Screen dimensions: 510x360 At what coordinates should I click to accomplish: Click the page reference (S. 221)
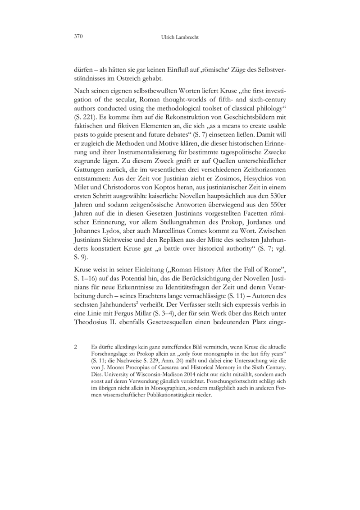coord(84,120)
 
